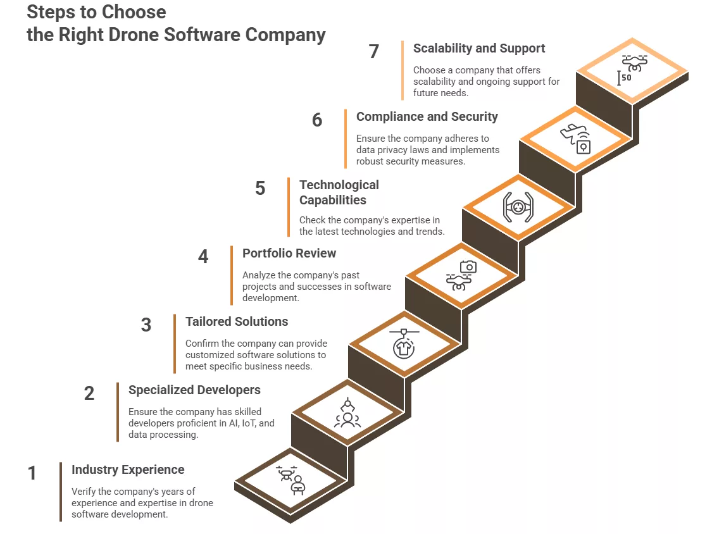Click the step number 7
pos(374,51)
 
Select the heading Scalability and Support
pos(478,48)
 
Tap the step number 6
pos(317,120)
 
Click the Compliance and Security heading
pos(427,116)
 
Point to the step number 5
pos(260,188)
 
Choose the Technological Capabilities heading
pos(339,192)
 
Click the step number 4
pos(203,256)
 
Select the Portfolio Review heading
pos(289,253)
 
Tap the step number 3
pos(146,325)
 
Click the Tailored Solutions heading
pos(237,321)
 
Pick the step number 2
pos(89,393)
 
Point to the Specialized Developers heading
pos(194,390)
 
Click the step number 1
pos(32,473)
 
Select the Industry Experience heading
pos(128,469)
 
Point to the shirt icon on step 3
pos(404,345)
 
